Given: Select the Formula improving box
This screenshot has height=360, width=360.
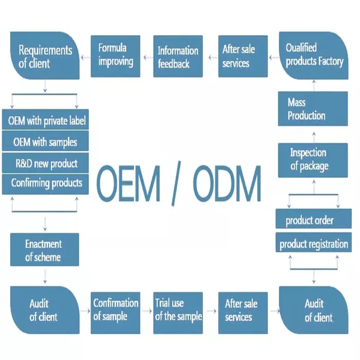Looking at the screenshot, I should (116, 56).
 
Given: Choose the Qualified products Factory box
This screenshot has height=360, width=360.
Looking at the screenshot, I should (314, 56).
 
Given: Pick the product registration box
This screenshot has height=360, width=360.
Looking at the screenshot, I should (314, 244).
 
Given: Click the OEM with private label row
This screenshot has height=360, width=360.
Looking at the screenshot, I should (46, 121).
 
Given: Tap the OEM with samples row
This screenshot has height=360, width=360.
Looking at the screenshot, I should (46, 142).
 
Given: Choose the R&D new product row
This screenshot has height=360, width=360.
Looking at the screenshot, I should (46, 164).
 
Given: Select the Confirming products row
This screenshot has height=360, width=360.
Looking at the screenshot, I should (46, 183).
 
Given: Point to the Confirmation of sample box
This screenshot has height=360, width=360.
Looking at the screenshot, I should (116, 309).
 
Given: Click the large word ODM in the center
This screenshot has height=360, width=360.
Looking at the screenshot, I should (227, 183).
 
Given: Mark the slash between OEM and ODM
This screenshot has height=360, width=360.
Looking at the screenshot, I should (178, 183).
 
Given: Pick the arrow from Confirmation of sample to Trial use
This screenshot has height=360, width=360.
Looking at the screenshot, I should (148, 310).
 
